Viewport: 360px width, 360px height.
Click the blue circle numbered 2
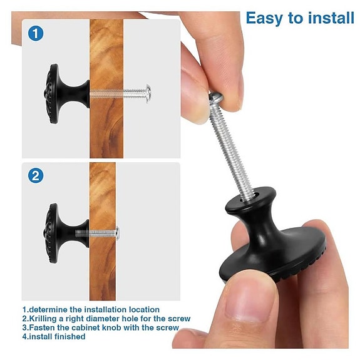[36, 176]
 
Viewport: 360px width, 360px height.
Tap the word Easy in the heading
[264, 18]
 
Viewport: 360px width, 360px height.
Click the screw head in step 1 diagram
[148, 93]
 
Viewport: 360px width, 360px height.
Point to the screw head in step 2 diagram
[117, 235]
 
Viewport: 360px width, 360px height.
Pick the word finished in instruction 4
[68, 337]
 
